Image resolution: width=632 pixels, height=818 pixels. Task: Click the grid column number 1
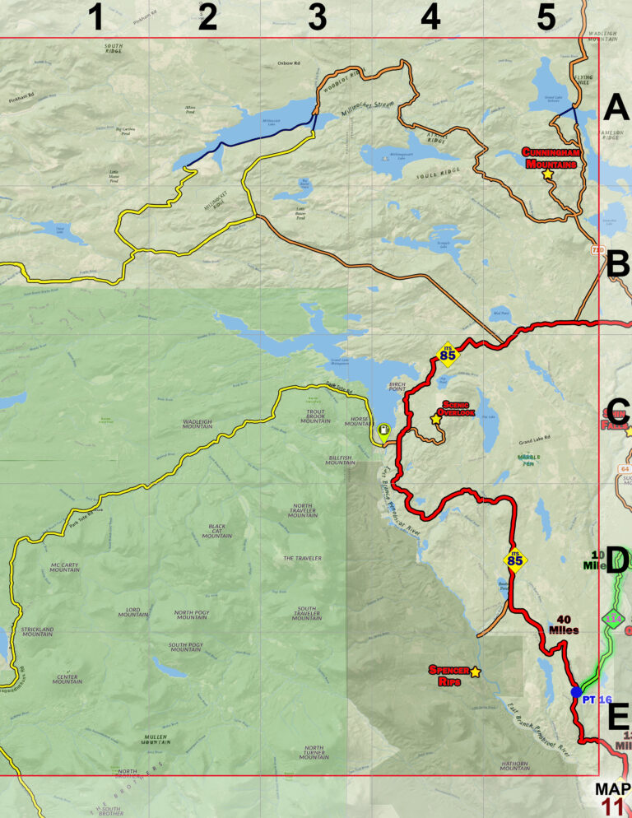click(96, 17)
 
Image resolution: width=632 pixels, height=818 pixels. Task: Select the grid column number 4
click(430, 17)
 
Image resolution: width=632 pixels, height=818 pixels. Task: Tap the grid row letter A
click(616, 107)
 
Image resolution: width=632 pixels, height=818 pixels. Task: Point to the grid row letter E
click(618, 718)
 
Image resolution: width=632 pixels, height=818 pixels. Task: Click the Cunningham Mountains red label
click(551, 157)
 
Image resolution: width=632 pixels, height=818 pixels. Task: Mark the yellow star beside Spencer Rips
click(475, 672)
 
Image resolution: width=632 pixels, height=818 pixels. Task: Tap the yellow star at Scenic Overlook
click(435, 419)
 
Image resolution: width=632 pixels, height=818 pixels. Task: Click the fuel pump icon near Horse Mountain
click(383, 430)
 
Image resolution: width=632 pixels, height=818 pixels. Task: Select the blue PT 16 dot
click(576, 692)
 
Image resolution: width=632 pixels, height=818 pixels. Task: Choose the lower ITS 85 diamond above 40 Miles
click(515, 561)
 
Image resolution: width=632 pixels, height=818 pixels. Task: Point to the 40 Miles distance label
click(565, 625)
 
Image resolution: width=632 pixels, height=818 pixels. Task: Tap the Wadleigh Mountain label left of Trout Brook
click(197, 423)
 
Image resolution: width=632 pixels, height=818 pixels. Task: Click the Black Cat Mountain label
click(217, 531)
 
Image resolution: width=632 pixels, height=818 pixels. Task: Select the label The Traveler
click(301, 558)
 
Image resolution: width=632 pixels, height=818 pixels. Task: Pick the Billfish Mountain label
click(341, 459)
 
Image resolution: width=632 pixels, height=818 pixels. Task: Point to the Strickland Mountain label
click(38, 632)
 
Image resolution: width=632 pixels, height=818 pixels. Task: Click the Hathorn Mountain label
click(514, 765)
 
